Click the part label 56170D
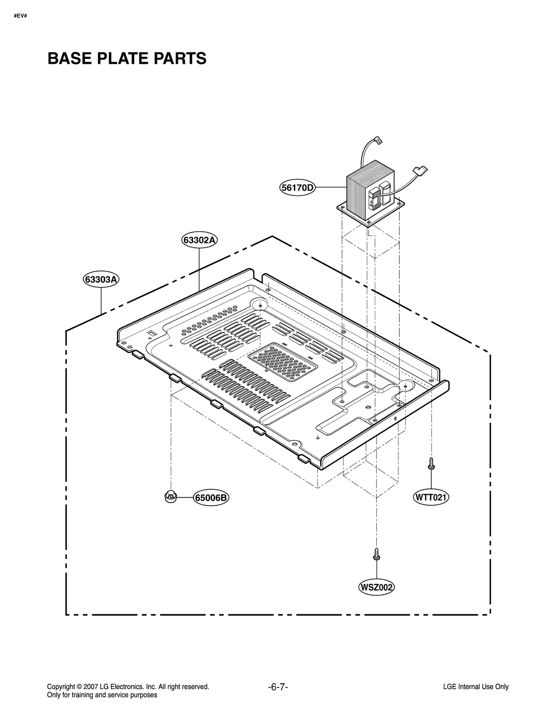pyautogui.click(x=297, y=188)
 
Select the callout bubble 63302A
pyautogui.click(x=199, y=240)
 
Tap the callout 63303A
pyautogui.click(x=101, y=279)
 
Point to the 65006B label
pyautogui.click(x=211, y=498)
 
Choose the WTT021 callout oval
pyautogui.click(x=431, y=497)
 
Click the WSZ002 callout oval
pyautogui.click(x=376, y=587)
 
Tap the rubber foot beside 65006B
pyautogui.click(x=170, y=497)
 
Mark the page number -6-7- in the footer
pyautogui.click(x=278, y=687)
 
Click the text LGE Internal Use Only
pyautogui.click(x=476, y=687)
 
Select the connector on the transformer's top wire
pyautogui.click(x=378, y=141)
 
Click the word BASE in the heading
pyautogui.click(x=69, y=58)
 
